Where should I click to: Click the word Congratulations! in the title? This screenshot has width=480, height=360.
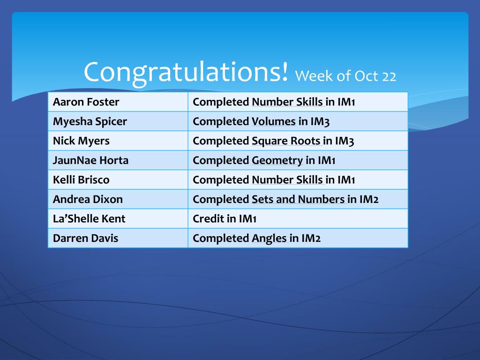pos(186,73)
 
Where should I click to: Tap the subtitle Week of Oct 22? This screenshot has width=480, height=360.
pos(345,76)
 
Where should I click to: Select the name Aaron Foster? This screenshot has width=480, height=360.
pos(86,102)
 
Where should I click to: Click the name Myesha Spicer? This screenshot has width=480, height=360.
pos(90,122)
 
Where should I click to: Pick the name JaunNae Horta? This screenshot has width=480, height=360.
pos(90,160)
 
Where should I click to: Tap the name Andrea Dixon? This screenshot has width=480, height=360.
pos(88,199)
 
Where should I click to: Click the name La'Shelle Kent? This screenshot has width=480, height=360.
pos(89,218)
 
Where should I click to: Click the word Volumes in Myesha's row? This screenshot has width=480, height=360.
pos(274,121)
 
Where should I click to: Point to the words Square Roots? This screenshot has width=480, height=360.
pos(286,141)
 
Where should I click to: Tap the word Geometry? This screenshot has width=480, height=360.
pos(277,161)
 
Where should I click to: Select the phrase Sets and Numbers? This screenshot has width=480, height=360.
pos(298,199)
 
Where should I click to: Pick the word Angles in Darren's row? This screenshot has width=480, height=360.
pos(269,239)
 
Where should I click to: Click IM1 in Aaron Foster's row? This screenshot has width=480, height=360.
pos(346,102)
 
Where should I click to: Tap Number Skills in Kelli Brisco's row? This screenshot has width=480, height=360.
pos(287,180)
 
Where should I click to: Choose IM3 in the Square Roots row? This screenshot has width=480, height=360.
pos(345,141)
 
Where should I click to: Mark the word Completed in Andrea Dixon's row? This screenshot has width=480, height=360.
pos(221,200)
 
